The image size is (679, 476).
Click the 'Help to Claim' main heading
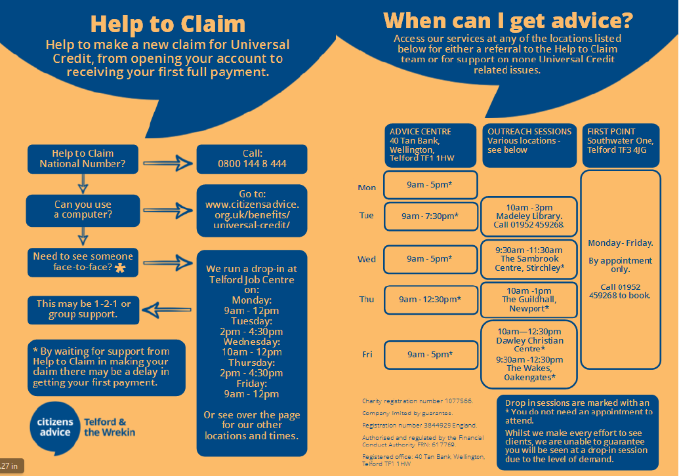(167, 24)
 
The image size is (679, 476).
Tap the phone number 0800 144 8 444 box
(252, 159)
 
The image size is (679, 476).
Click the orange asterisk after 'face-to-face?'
(119, 268)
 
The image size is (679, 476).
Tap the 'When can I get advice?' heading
(508, 20)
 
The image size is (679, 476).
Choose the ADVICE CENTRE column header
(430, 145)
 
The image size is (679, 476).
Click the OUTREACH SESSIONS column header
(529, 140)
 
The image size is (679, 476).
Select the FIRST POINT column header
(620, 140)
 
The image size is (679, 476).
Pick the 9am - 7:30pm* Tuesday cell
(430, 216)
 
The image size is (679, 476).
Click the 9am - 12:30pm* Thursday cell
(430, 299)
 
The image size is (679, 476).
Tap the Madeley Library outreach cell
(529, 216)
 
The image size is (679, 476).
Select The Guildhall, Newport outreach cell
(529, 300)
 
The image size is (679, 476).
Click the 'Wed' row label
(367, 259)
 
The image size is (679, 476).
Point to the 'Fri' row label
(367, 355)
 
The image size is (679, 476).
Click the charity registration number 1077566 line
(417, 401)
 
